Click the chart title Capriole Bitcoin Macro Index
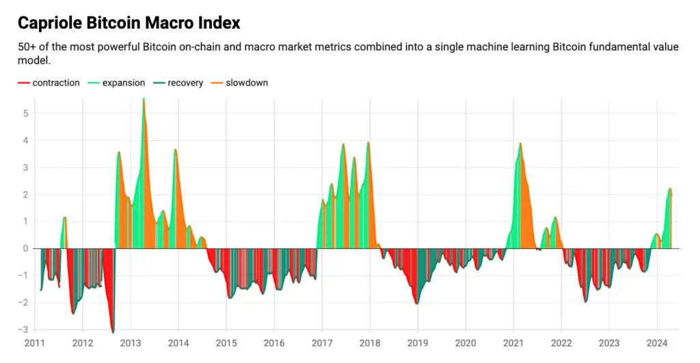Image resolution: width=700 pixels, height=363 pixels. click(129, 23)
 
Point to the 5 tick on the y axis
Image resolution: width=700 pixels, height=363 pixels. click(25, 113)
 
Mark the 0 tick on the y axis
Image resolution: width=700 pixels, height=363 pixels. click(25, 248)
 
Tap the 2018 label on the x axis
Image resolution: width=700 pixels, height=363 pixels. click(370, 343)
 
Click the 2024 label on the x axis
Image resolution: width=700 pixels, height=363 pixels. click(657, 343)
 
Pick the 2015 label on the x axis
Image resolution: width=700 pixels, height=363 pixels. click(226, 343)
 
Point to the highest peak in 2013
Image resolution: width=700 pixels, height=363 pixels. click(144, 100)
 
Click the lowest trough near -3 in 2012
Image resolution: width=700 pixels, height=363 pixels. click(113, 332)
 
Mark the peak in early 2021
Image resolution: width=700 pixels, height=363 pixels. click(521, 143)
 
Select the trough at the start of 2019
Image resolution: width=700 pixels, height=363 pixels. click(417, 304)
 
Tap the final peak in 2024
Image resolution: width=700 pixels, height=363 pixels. click(670, 189)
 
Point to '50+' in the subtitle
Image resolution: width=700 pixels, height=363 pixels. click(27, 47)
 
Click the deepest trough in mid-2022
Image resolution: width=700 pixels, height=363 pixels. click(586, 301)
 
